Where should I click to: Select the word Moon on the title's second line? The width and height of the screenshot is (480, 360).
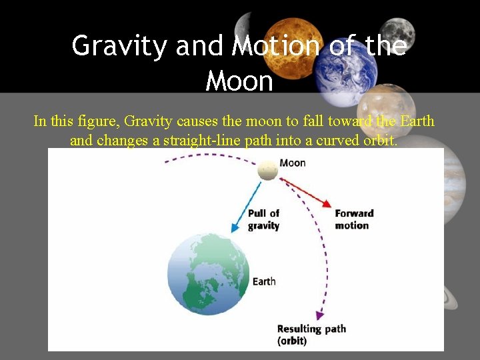click(x=240, y=81)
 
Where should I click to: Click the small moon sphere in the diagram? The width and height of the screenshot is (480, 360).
click(x=269, y=169)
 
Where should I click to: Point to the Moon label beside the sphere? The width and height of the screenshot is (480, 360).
click(x=293, y=163)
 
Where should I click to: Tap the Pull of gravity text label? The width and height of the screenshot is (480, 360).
click(x=263, y=219)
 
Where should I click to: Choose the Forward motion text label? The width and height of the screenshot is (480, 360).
click(x=354, y=219)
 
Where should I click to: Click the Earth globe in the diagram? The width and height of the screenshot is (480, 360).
click(x=209, y=274)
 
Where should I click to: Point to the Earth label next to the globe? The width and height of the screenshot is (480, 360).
click(x=264, y=281)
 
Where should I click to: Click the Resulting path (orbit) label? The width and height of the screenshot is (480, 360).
click(x=311, y=335)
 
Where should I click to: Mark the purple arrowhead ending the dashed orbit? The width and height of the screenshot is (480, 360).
click(x=320, y=315)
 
